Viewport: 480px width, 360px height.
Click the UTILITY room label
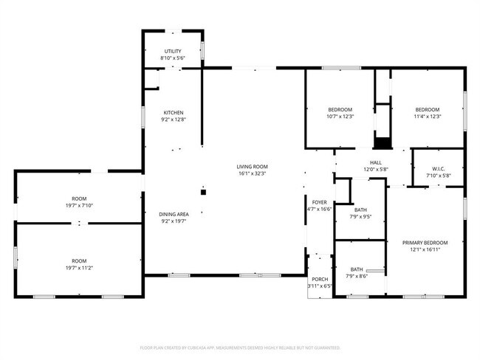tap(172, 50)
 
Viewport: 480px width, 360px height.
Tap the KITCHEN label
tap(174, 112)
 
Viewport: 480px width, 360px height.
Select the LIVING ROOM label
tap(252, 167)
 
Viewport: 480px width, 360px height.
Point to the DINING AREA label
tap(174, 214)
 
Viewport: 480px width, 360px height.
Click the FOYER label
tap(319, 201)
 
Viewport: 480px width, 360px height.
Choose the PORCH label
tap(320, 278)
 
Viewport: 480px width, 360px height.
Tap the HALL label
tap(375, 162)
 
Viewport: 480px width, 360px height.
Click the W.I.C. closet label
tap(437, 169)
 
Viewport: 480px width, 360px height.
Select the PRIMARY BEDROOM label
tap(425, 243)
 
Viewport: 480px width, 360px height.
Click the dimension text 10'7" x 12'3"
tap(340, 117)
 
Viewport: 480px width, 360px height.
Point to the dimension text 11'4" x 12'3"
tap(427, 117)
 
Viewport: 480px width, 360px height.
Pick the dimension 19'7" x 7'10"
tap(78, 206)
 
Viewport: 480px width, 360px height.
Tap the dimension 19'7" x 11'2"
tap(78, 268)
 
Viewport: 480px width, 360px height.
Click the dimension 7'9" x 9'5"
tap(360, 217)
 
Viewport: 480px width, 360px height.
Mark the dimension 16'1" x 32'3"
tap(252, 174)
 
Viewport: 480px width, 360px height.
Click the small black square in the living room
tap(205, 193)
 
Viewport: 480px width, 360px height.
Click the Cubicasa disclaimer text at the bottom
tap(240, 347)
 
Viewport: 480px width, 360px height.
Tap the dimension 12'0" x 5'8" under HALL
tap(375, 170)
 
